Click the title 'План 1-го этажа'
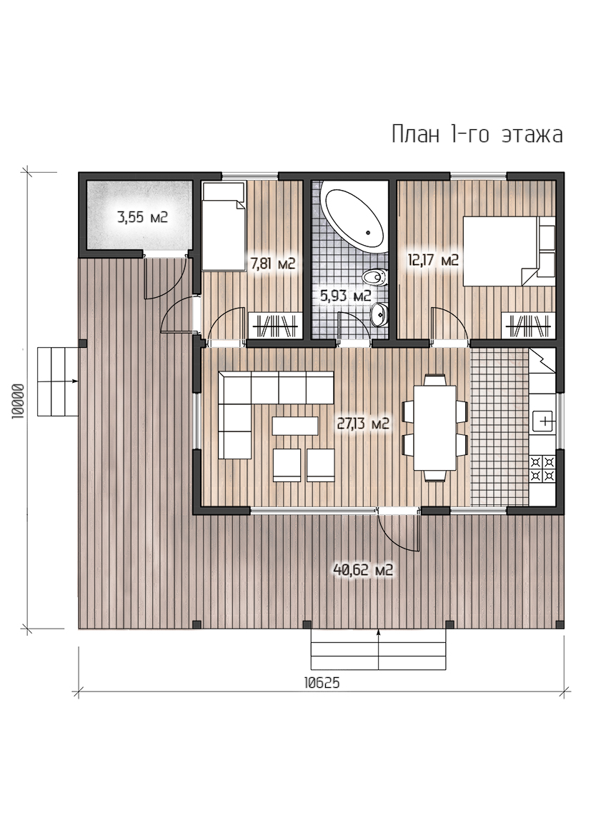pyautogui.click(x=477, y=134)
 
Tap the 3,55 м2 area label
pyautogui.click(x=142, y=216)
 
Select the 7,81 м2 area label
pyautogui.click(x=272, y=264)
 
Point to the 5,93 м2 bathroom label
pyautogui.click(x=346, y=296)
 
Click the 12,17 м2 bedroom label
pyautogui.click(x=433, y=261)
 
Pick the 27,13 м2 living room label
pyautogui.click(x=363, y=424)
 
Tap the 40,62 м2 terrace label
pyautogui.click(x=363, y=570)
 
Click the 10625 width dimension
pyautogui.click(x=322, y=684)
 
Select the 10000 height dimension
pyautogui.click(x=18, y=401)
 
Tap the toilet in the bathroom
pyautogui.click(x=375, y=277)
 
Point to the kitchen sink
pyautogui.click(x=543, y=421)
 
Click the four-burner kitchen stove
pyautogui.click(x=542, y=469)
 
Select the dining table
pyautogui.click(x=435, y=428)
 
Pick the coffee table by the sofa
pyautogui.click(x=295, y=426)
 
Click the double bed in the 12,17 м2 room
pyautogui.click(x=509, y=251)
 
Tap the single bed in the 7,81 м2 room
pyautogui.click(x=223, y=226)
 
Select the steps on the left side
pyautogui.click(x=58, y=381)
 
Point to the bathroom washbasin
pyautogui.click(x=379, y=314)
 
